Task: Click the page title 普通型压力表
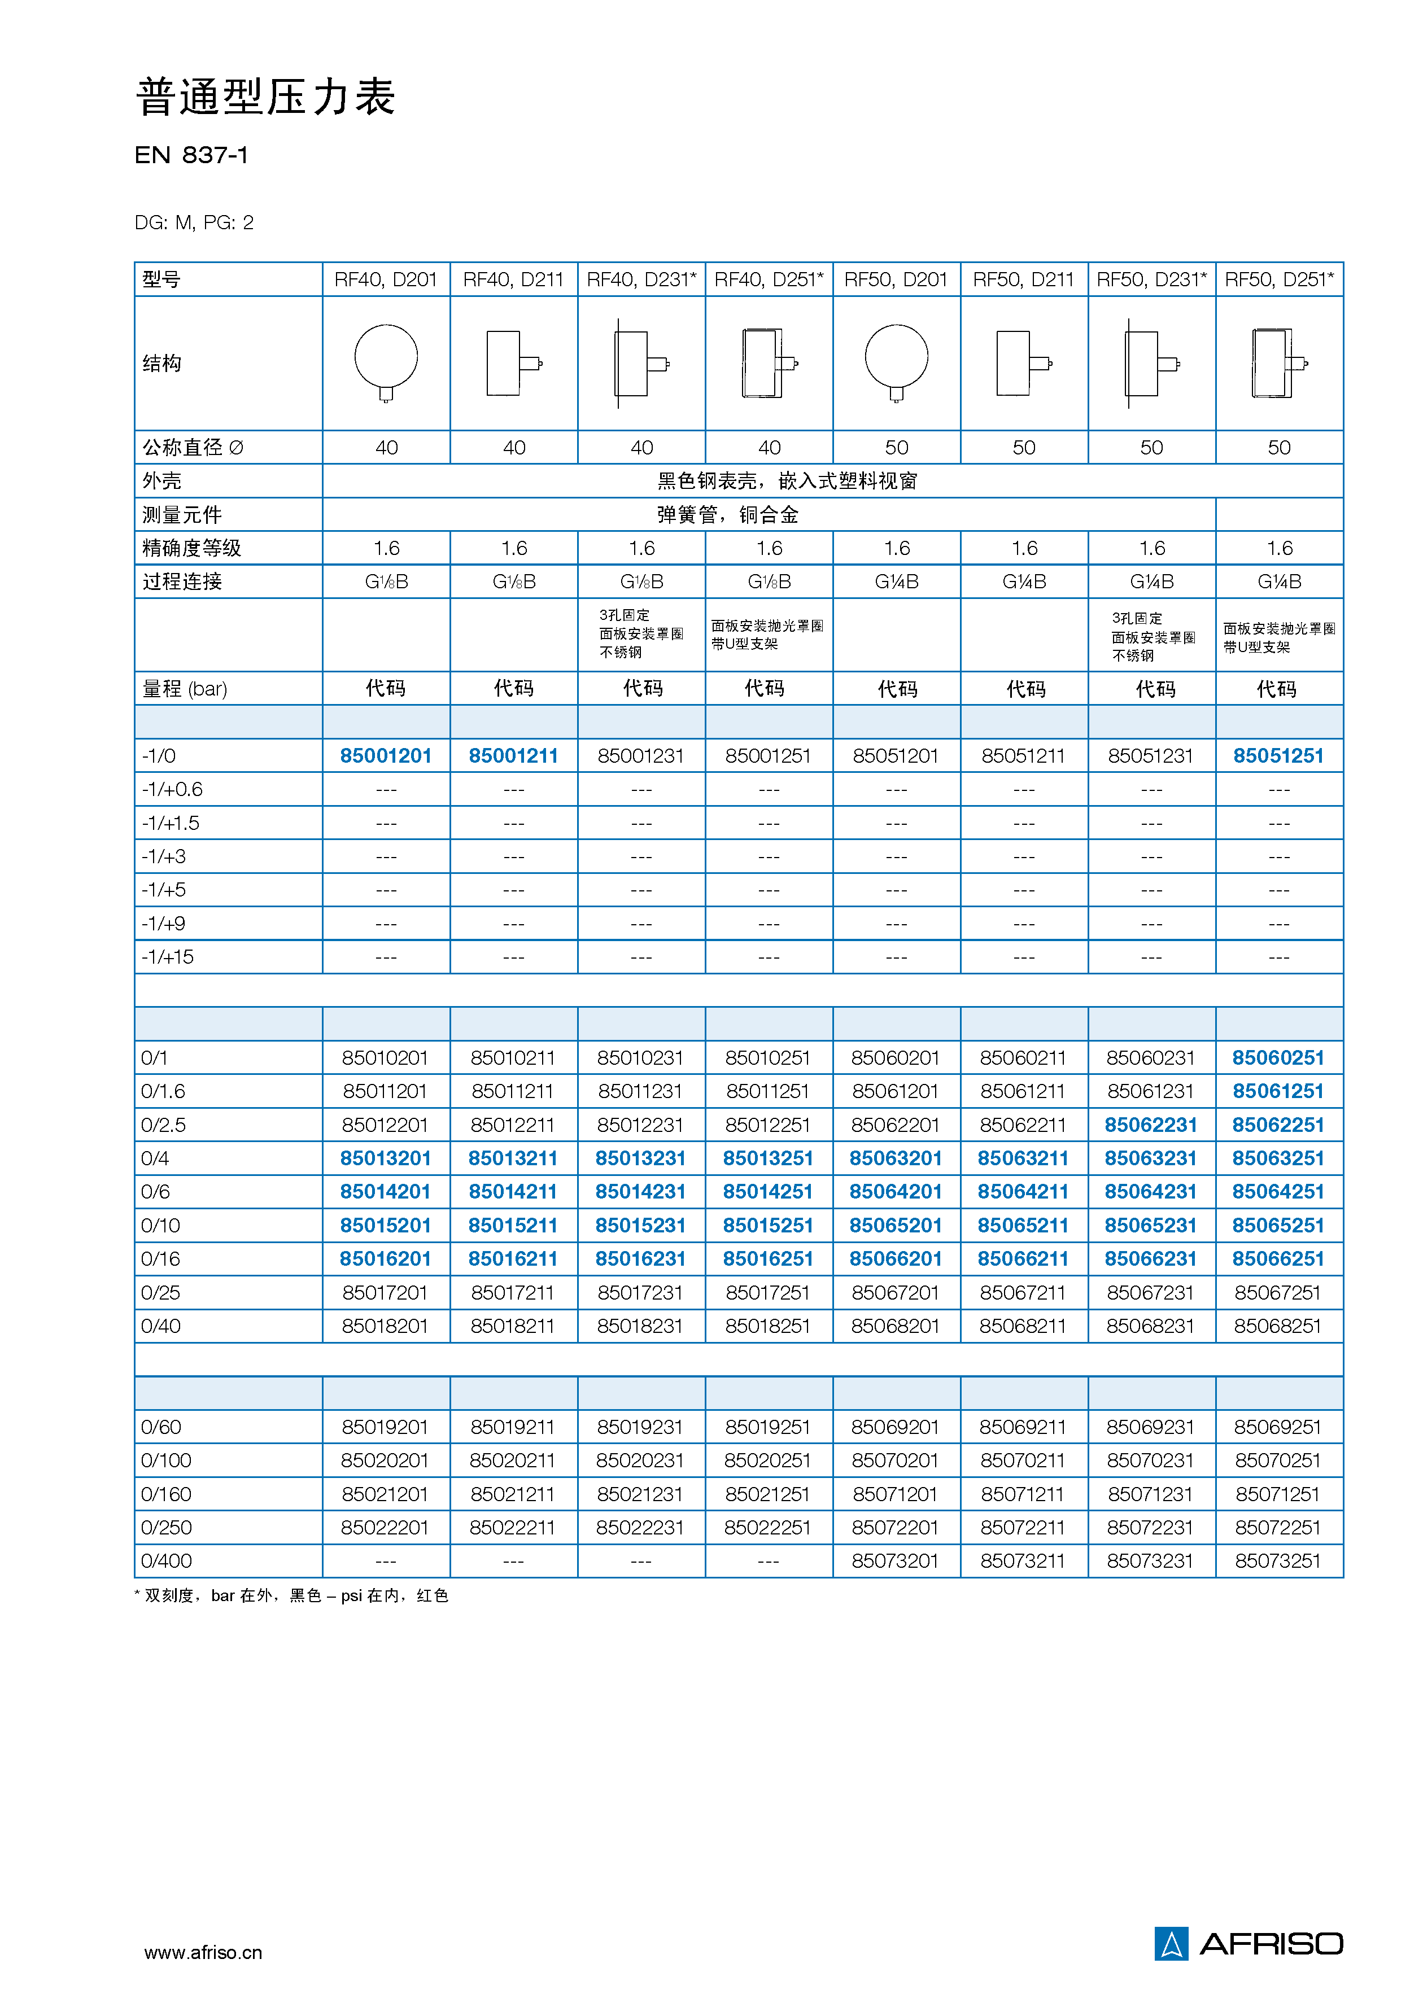click(266, 97)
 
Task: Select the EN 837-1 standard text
click(191, 155)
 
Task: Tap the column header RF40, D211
click(513, 279)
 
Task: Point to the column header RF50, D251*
click(1279, 279)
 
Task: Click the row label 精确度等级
click(192, 548)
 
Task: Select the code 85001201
click(386, 755)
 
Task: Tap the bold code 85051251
click(1278, 755)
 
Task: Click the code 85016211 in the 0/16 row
click(513, 1258)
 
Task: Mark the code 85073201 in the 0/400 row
click(895, 1560)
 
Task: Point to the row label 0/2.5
click(163, 1125)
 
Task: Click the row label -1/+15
click(168, 957)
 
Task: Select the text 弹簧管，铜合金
click(727, 515)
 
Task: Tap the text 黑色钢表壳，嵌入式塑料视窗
click(787, 481)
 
